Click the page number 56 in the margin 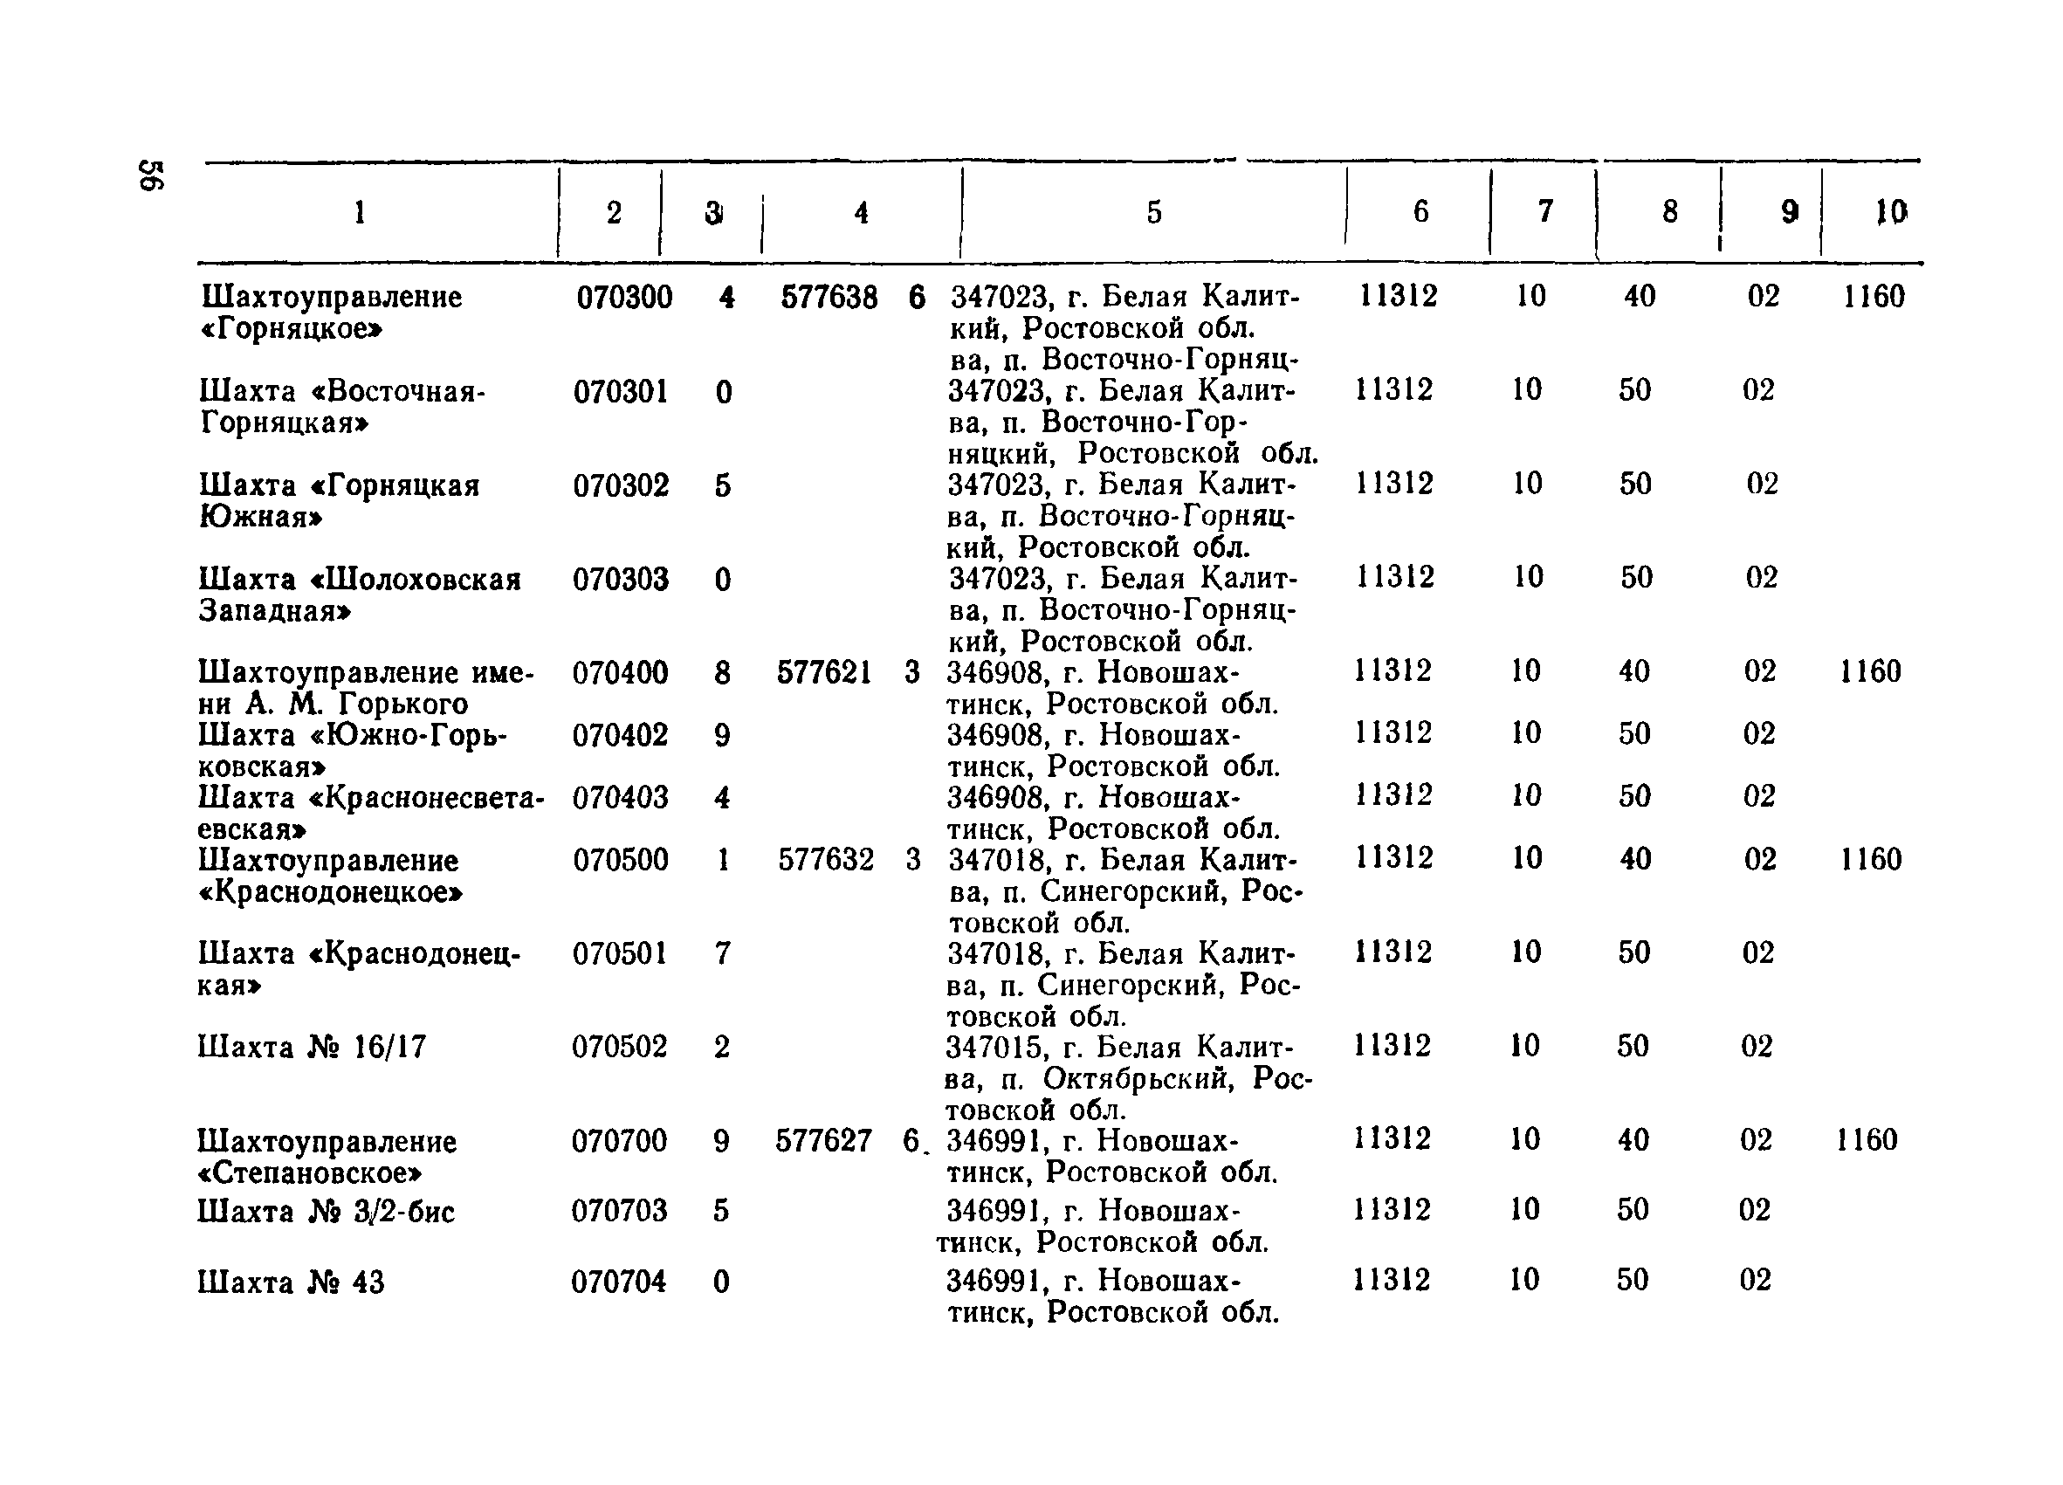(x=150, y=175)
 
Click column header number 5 (x=1153, y=212)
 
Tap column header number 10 (x=1890, y=212)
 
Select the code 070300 (x=624, y=298)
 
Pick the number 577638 (x=829, y=298)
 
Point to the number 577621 (x=824, y=673)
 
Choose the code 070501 (x=620, y=953)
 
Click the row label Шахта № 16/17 (x=311, y=1048)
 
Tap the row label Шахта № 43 (x=290, y=1282)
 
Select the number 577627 (x=823, y=1140)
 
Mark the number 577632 (x=825, y=859)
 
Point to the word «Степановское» (x=310, y=1173)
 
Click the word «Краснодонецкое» (x=330, y=892)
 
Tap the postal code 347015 (x=997, y=1048)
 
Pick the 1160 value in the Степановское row (x=1867, y=1140)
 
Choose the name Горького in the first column (x=403, y=704)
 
